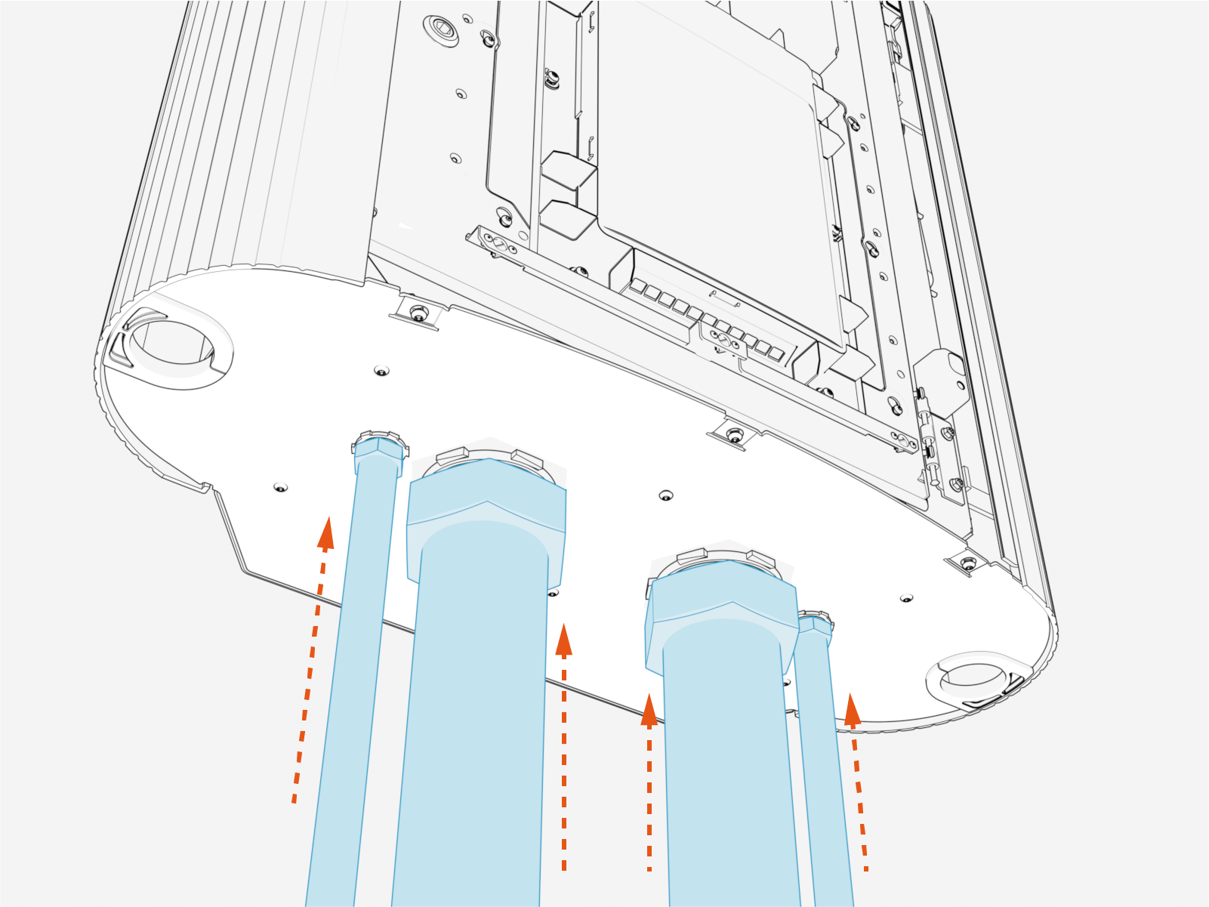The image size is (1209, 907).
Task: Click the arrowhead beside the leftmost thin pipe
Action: (x=326, y=533)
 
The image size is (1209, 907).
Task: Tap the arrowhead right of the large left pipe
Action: (x=563, y=640)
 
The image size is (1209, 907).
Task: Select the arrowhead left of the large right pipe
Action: (x=649, y=710)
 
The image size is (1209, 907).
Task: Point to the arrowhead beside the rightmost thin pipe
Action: (x=852, y=710)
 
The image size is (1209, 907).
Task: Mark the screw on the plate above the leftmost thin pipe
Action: (x=382, y=371)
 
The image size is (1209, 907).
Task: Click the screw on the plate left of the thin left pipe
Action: (x=280, y=488)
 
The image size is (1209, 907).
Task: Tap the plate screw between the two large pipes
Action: (x=665, y=495)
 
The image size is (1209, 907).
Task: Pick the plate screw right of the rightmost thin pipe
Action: (x=906, y=598)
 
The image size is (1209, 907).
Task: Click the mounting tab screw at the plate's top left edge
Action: (x=417, y=312)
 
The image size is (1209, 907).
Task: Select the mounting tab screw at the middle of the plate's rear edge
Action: (x=734, y=435)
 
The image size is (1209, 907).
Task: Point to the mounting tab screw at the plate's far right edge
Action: (x=968, y=563)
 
